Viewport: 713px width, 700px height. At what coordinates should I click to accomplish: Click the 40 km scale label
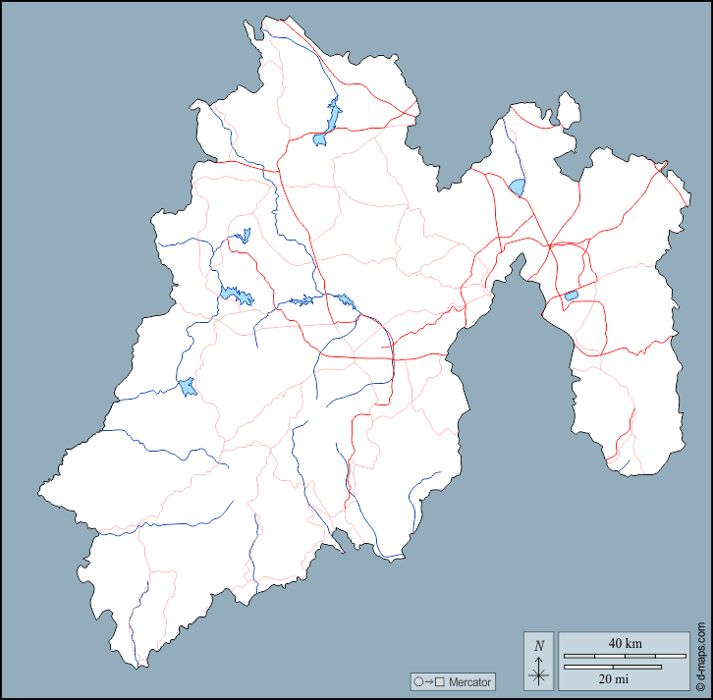[x=625, y=643]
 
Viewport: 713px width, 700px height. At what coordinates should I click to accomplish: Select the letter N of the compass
[x=538, y=645]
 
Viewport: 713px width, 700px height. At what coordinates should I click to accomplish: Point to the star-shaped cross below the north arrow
[x=538, y=675]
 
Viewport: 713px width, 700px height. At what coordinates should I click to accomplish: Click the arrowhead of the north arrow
[x=538, y=659]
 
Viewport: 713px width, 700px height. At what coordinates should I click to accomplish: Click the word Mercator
[x=470, y=681]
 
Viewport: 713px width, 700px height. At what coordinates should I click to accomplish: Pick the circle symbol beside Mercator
[x=418, y=681]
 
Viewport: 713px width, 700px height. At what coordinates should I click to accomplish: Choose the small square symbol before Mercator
[x=440, y=681]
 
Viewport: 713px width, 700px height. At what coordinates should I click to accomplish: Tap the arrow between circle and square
[x=429, y=681]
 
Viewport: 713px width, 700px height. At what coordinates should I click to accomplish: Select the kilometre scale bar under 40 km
[x=623, y=655]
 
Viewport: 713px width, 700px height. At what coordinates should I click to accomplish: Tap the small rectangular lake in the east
[x=571, y=296]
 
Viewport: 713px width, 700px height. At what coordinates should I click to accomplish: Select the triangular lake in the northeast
[x=517, y=187]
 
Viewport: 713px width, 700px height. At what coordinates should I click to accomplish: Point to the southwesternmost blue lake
[x=187, y=387]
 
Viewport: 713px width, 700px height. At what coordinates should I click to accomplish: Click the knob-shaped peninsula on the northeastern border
[x=568, y=105]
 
